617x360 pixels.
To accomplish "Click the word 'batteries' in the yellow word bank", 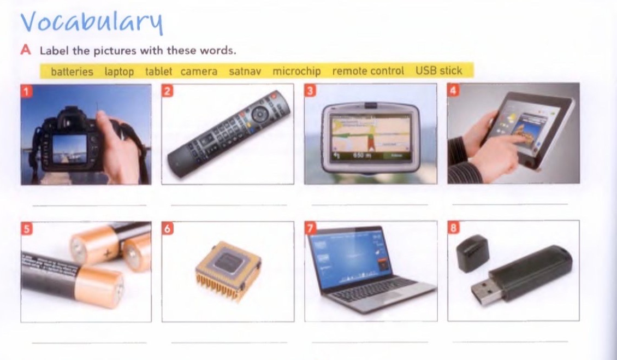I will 72,72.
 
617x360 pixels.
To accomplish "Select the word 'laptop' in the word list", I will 119,72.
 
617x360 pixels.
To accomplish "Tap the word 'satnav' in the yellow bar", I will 245,71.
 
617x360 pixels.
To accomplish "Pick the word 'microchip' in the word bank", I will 296,71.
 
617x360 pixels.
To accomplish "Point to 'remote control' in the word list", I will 368,71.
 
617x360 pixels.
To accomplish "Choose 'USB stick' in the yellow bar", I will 438,70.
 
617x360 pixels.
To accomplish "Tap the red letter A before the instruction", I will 26,50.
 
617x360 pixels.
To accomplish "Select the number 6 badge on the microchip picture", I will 168,228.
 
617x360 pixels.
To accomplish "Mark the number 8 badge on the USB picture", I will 453,228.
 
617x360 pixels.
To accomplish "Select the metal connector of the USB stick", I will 483,294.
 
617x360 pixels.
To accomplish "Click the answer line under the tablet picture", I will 510,204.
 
